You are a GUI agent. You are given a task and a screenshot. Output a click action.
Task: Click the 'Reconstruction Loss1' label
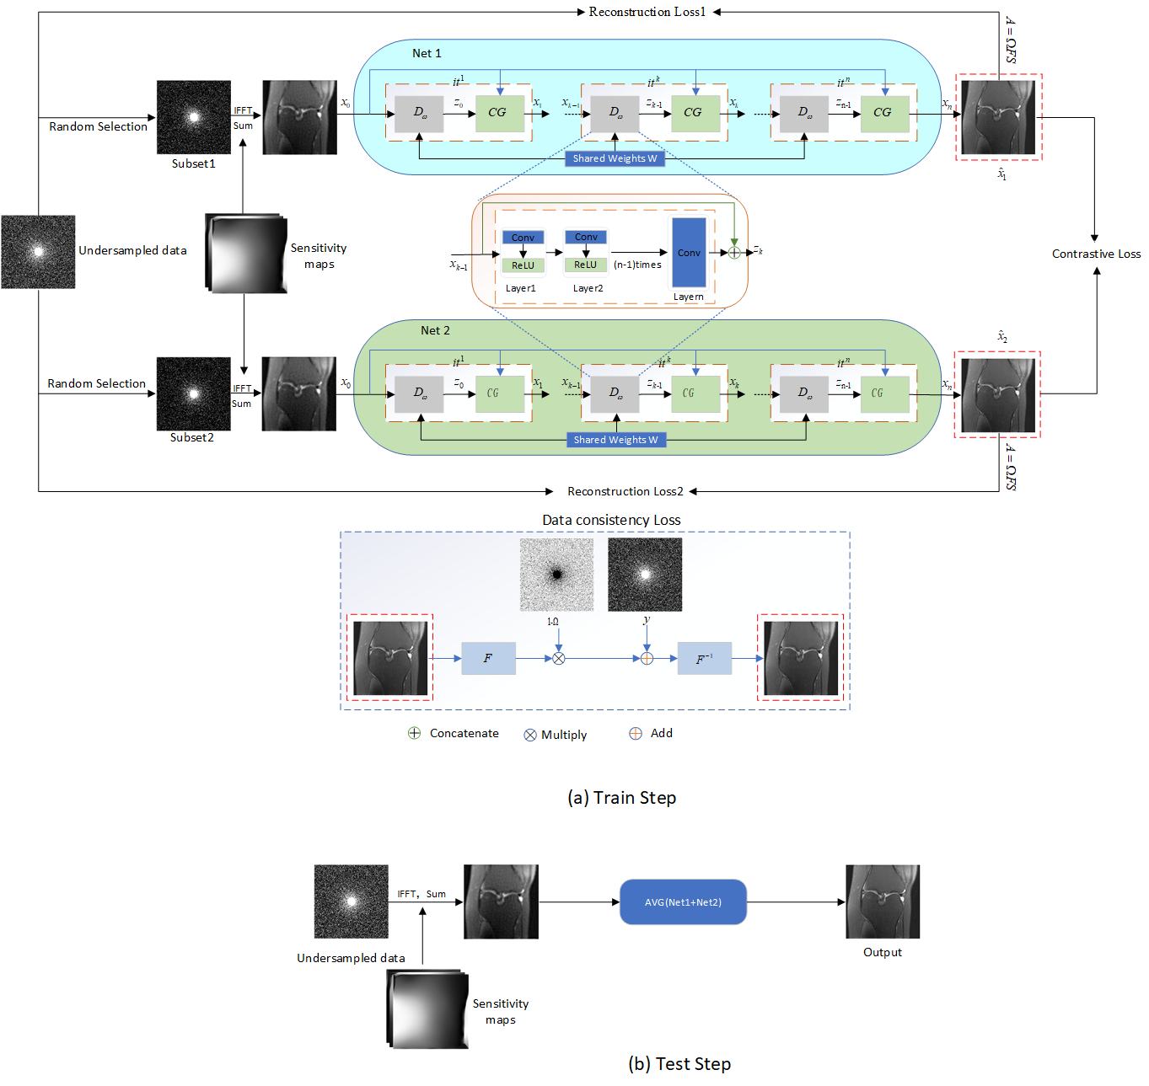(647, 12)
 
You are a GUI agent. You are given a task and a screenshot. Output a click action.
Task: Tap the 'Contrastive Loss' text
(1096, 254)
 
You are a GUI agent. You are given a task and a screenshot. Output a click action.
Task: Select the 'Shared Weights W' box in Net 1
(615, 158)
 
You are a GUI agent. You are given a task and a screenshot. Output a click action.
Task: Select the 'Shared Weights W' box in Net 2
(615, 440)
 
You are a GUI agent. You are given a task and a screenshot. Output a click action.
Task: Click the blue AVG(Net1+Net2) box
(683, 902)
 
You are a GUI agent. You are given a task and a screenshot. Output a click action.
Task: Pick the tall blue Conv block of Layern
(689, 253)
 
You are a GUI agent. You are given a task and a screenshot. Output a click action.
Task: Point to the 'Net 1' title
(427, 53)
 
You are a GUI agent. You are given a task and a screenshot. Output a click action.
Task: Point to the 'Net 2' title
(435, 330)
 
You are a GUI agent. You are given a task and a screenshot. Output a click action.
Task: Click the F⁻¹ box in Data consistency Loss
(705, 659)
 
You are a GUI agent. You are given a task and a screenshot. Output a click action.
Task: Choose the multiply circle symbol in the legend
(530, 735)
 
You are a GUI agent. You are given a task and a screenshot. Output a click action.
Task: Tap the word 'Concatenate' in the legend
(464, 734)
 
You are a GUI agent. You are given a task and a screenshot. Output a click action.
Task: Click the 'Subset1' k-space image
(194, 117)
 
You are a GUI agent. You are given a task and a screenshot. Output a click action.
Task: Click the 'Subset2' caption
(192, 438)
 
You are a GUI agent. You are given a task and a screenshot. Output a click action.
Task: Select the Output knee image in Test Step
(883, 901)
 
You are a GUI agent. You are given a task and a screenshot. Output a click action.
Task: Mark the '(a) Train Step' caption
(621, 798)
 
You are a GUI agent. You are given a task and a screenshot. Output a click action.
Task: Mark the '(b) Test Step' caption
(679, 1064)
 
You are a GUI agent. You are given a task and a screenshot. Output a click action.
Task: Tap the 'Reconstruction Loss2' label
(625, 491)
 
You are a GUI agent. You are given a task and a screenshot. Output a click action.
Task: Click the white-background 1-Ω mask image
(556, 575)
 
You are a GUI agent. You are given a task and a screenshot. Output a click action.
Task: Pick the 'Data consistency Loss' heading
(611, 520)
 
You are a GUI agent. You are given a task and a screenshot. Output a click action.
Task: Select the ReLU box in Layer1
(523, 265)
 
